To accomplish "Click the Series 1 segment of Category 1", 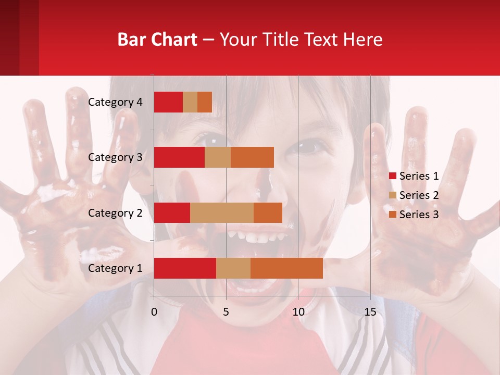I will coord(185,268).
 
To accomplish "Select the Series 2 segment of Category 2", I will coord(222,213).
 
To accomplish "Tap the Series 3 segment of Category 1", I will coord(286,268).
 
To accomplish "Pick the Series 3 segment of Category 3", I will coord(252,157).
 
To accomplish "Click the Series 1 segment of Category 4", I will coord(168,102).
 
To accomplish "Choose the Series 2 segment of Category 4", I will coord(190,102).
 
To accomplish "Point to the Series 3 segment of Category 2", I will coord(268,213).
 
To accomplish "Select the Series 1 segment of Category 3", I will coord(179,157).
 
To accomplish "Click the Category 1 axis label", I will coord(115,268).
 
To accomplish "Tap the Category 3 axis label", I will coord(115,157).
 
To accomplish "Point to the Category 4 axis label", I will coord(115,102).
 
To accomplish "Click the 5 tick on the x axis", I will coord(226,312).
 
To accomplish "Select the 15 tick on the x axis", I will coord(370,312).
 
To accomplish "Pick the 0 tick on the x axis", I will coord(154,312).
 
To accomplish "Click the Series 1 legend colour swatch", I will coord(392,176).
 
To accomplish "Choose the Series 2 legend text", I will coord(419,195).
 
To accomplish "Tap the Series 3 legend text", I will coord(419,215).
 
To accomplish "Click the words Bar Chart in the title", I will coord(157,40).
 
